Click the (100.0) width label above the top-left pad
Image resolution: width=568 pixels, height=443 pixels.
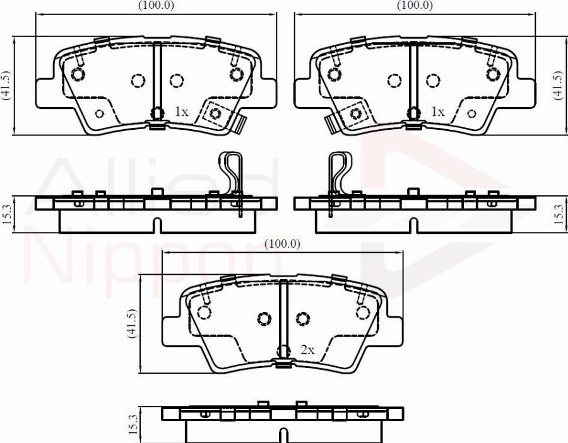pyautogui.click(x=157, y=6)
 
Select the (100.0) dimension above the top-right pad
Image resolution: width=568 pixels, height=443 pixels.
pyautogui.click(x=414, y=6)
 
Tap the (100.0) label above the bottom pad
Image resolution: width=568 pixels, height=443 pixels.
pyautogui.click(x=283, y=245)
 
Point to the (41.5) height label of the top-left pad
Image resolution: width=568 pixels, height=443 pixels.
pyautogui.click(x=6, y=85)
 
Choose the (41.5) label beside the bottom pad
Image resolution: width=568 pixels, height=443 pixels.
pyautogui.click(x=132, y=324)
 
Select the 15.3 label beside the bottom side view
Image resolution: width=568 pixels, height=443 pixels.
pyautogui.click(x=132, y=425)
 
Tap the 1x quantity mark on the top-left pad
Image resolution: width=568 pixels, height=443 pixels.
pyautogui.click(x=181, y=112)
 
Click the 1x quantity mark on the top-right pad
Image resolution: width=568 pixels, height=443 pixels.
pyautogui.click(x=437, y=112)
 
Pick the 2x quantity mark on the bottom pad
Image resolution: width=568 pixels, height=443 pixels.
pyautogui.click(x=307, y=350)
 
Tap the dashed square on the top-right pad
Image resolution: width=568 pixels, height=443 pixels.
pyautogui.click(x=355, y=113)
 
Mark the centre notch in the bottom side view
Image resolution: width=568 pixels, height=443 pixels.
pyautogui.click(x=283, y=434)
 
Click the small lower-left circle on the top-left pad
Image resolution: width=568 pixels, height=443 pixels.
pyautogui.click(x=98, y=113)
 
